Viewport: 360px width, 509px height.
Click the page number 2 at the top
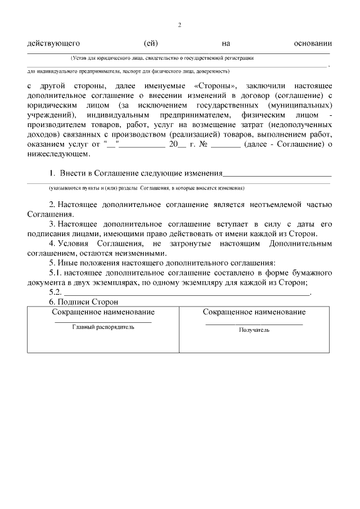pos(179,25)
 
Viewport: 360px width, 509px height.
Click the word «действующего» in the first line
pos(53,43)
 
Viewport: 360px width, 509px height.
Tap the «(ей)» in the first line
pos(151,43)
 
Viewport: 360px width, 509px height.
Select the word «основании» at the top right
pos(313,43)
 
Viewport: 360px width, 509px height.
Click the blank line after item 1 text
pos(278,175)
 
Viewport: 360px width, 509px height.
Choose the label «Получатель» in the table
pos(254,330)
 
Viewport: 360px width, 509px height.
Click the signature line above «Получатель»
pos(254,324)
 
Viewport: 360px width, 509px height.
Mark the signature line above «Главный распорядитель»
pos(103,322)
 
